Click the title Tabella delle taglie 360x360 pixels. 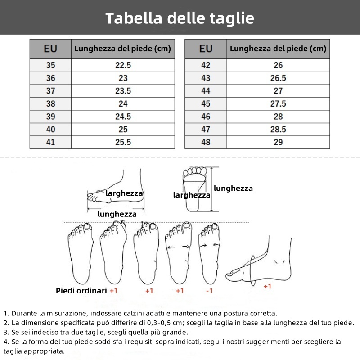tap(180, 18)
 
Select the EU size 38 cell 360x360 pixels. tap(50, 103)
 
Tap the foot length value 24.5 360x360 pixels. tap(123, 117)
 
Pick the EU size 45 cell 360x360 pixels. tap(206, 103)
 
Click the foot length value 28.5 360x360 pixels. tap(278, 130)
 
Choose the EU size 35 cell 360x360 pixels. tap(50, 65)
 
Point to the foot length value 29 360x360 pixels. tap(278, 142)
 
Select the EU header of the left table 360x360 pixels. tap(50, 49)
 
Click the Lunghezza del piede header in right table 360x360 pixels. tap(278, 49)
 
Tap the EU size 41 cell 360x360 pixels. tap(50, 142)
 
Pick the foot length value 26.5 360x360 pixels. tap(278, 78)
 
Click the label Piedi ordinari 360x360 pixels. tap(81, 291)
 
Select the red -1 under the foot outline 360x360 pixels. tap(209, 291)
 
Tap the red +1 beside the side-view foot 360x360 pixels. tap(267, 286)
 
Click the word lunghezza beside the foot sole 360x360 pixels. tap(233, 189)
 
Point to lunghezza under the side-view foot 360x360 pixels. tap(117, 214)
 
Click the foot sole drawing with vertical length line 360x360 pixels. tap(194, 189)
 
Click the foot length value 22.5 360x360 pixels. tap(123, 65)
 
